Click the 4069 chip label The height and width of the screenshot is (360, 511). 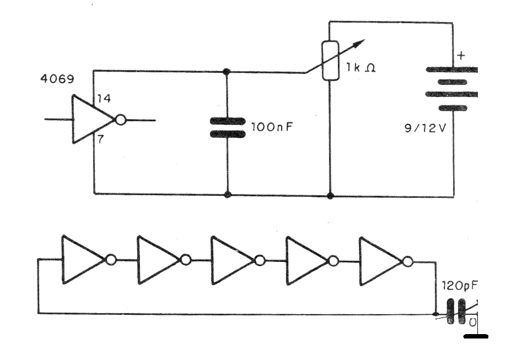[58, 79]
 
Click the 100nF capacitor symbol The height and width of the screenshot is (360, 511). [227, 128]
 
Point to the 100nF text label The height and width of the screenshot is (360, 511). [272, 126]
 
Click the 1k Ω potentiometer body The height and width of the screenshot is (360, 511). [330, 60]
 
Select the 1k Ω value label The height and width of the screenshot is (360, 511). [361, 70]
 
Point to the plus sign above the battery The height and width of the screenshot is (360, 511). [461, 56]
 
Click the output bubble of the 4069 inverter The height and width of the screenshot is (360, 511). [120, 120]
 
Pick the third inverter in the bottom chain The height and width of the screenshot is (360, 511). [233, 260]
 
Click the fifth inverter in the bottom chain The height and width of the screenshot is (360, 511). [380, 261]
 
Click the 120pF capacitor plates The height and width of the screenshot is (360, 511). [455, 312]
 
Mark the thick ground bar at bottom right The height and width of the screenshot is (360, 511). [475, 335]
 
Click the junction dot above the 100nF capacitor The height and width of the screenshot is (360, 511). [227, 72]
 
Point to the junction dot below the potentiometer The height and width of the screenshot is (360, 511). [330, 195]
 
